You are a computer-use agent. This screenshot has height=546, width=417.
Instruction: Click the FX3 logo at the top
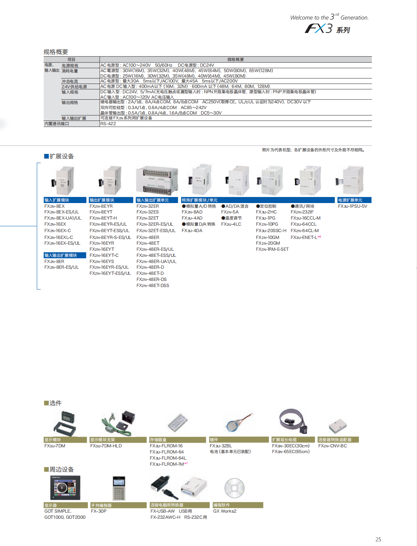[x=327, y=29]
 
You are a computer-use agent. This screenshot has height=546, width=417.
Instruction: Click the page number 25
[x=378, y=539]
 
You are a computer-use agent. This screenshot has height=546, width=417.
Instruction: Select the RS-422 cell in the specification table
[x=108, y=124]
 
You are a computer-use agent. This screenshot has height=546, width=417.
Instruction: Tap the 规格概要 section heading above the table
[x=56, y=52]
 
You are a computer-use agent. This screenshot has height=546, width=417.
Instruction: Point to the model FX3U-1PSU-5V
[x=352, y=206]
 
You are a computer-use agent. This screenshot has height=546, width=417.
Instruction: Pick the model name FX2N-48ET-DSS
[x=153, y=286]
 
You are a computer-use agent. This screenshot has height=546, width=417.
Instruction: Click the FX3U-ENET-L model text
[x=304, y=237]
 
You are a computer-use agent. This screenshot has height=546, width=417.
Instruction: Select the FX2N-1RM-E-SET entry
[x=272, y=249]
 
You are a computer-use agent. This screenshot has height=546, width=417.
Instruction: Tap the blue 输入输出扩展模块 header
[x=65, y=255]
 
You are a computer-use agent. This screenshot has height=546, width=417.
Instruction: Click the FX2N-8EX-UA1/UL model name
[x=63, y=218]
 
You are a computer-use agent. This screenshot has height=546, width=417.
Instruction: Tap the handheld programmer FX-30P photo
[x=119, y=488]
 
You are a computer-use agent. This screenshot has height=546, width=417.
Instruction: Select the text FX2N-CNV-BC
[x=332, y=446]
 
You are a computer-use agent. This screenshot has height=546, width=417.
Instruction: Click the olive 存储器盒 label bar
[x=178, y=440]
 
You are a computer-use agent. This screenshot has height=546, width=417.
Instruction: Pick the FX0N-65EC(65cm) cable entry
[x=290, y=452]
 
